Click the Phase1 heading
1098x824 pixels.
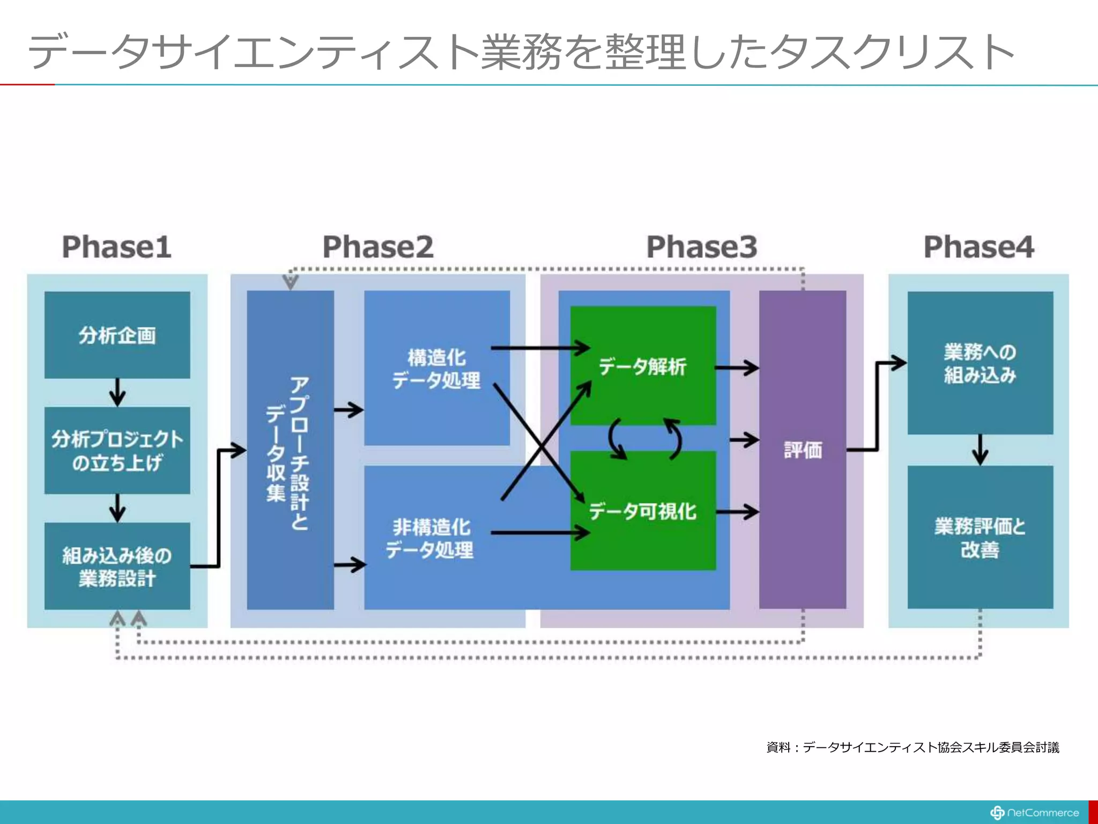tap(117, 247)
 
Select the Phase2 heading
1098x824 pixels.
tap(377, 247)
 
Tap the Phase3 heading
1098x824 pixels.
tap(702, 247)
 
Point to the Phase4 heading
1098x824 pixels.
tap(978, 247)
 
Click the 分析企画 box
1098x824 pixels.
tap(117, 335)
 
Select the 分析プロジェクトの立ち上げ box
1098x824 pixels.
tap(117, 451)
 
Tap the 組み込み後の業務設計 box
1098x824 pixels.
tap(117, 566)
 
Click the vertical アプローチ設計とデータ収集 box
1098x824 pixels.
tap(290, 450)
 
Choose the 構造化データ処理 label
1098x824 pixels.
tap(436, 369)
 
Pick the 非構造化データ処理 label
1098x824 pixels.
tap(431, 538)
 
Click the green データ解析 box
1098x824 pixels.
tap(643, 366)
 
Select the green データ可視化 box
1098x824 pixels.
tap(643, 511)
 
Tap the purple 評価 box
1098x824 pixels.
tap(803, 450)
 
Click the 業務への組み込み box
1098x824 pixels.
tap(980, 363)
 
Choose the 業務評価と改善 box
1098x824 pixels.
tap(980, 538)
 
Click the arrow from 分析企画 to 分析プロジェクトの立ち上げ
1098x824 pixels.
tap(117, 393)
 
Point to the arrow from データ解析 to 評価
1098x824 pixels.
tap(737, 368)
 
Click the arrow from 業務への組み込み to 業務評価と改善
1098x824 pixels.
tap(980, 450)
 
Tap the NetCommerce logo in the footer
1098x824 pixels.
tap(1034, 813)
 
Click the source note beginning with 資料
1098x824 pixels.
tap(912, 747)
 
